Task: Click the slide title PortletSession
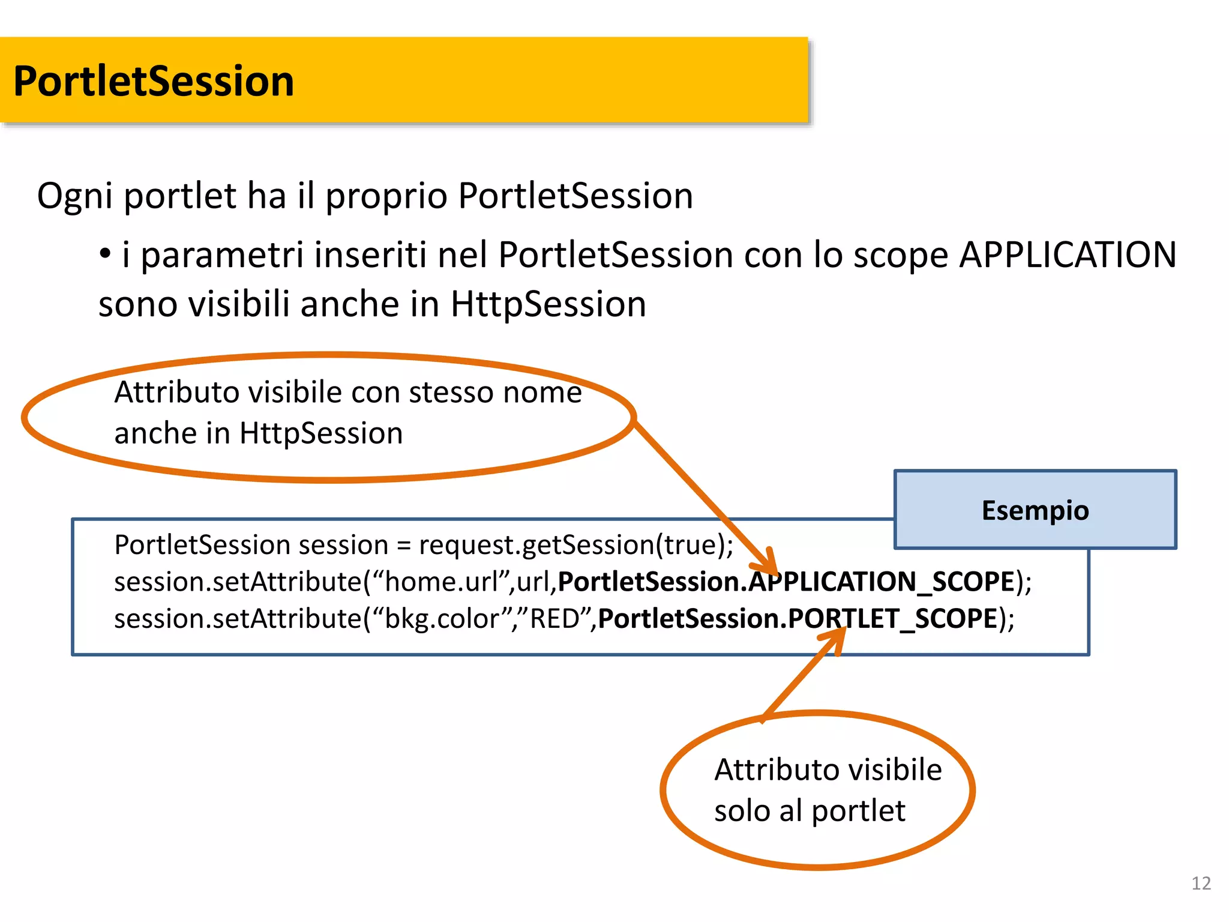tap(154, 81)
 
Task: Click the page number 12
tap(1201, 883)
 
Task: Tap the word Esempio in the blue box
tap(1035, 510)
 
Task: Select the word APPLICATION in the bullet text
tap(1068, 255)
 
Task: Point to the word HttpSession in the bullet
tap(548, 304)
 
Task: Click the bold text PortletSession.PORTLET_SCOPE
tap(798, 618)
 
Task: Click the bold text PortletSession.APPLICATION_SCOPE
tap(786, 582)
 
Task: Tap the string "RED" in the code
tap(554, 618)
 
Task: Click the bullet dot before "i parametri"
tap(105, 255)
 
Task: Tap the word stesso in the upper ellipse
tap(451, 393)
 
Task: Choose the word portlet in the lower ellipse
tap(858, 811)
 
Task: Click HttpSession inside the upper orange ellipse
tap(321, 433)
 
